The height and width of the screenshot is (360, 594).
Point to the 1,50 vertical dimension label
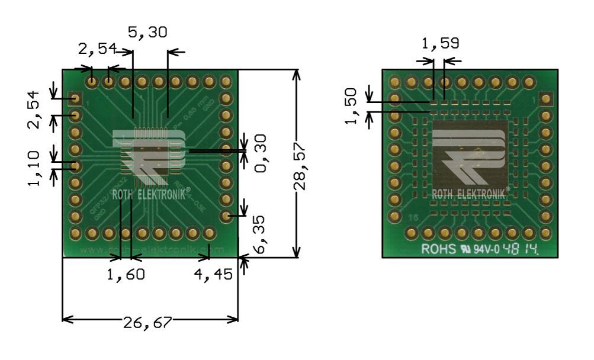[x=351, y=107]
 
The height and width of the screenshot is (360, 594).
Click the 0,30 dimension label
[x=261, y=153]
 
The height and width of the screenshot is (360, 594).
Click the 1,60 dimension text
[x=126, y=275]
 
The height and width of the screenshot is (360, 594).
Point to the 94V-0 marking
[x=484, y=249]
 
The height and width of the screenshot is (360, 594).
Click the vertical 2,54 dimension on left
[x=37, y=110]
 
